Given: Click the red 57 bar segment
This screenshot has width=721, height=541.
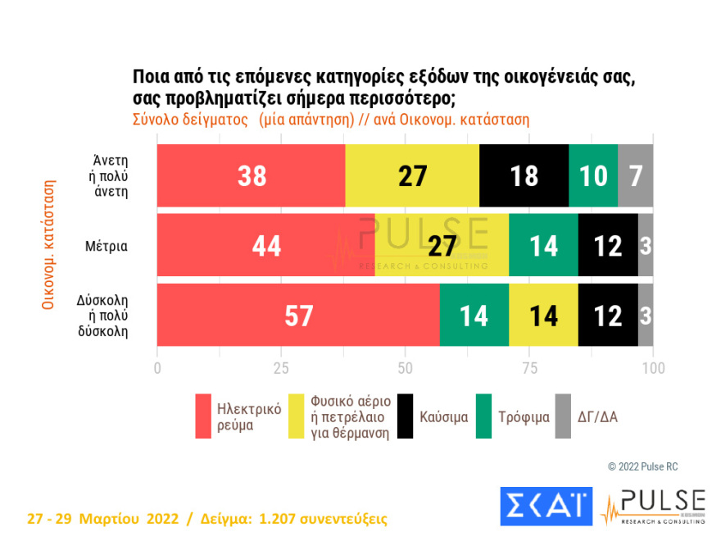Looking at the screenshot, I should click(x=298, y=316).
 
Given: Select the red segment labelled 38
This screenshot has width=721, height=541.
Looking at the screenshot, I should click(x=251, y=175).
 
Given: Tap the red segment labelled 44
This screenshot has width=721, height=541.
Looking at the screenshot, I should click(x=265, y=246).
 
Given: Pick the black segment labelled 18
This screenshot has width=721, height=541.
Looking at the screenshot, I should click(x=524, y=175).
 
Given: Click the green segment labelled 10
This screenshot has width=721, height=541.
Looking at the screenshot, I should click(x=592, y=175).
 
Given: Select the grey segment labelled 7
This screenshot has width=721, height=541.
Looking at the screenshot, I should click(x=635, y=175).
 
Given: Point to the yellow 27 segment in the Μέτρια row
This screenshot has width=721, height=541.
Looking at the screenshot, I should click(x=442, y=246).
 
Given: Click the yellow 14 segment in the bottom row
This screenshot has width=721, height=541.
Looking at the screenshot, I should click(x=543, y=316).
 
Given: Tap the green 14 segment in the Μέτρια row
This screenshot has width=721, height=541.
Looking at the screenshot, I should click(x=543, y=246).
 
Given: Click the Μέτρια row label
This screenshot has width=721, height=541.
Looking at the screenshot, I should click(x=105, y=245).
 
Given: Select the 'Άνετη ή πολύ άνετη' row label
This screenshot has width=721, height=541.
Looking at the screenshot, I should click(x=110, y=175).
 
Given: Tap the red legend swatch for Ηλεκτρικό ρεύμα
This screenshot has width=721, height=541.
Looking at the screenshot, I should click(x=203, y=416).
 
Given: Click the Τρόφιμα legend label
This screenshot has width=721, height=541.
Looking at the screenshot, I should click(x=524, y=416).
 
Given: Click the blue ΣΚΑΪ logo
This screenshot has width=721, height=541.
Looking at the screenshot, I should click(x=545, y=505).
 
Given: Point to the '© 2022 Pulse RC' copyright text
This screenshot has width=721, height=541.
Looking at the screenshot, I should click(x=642, y=466).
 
